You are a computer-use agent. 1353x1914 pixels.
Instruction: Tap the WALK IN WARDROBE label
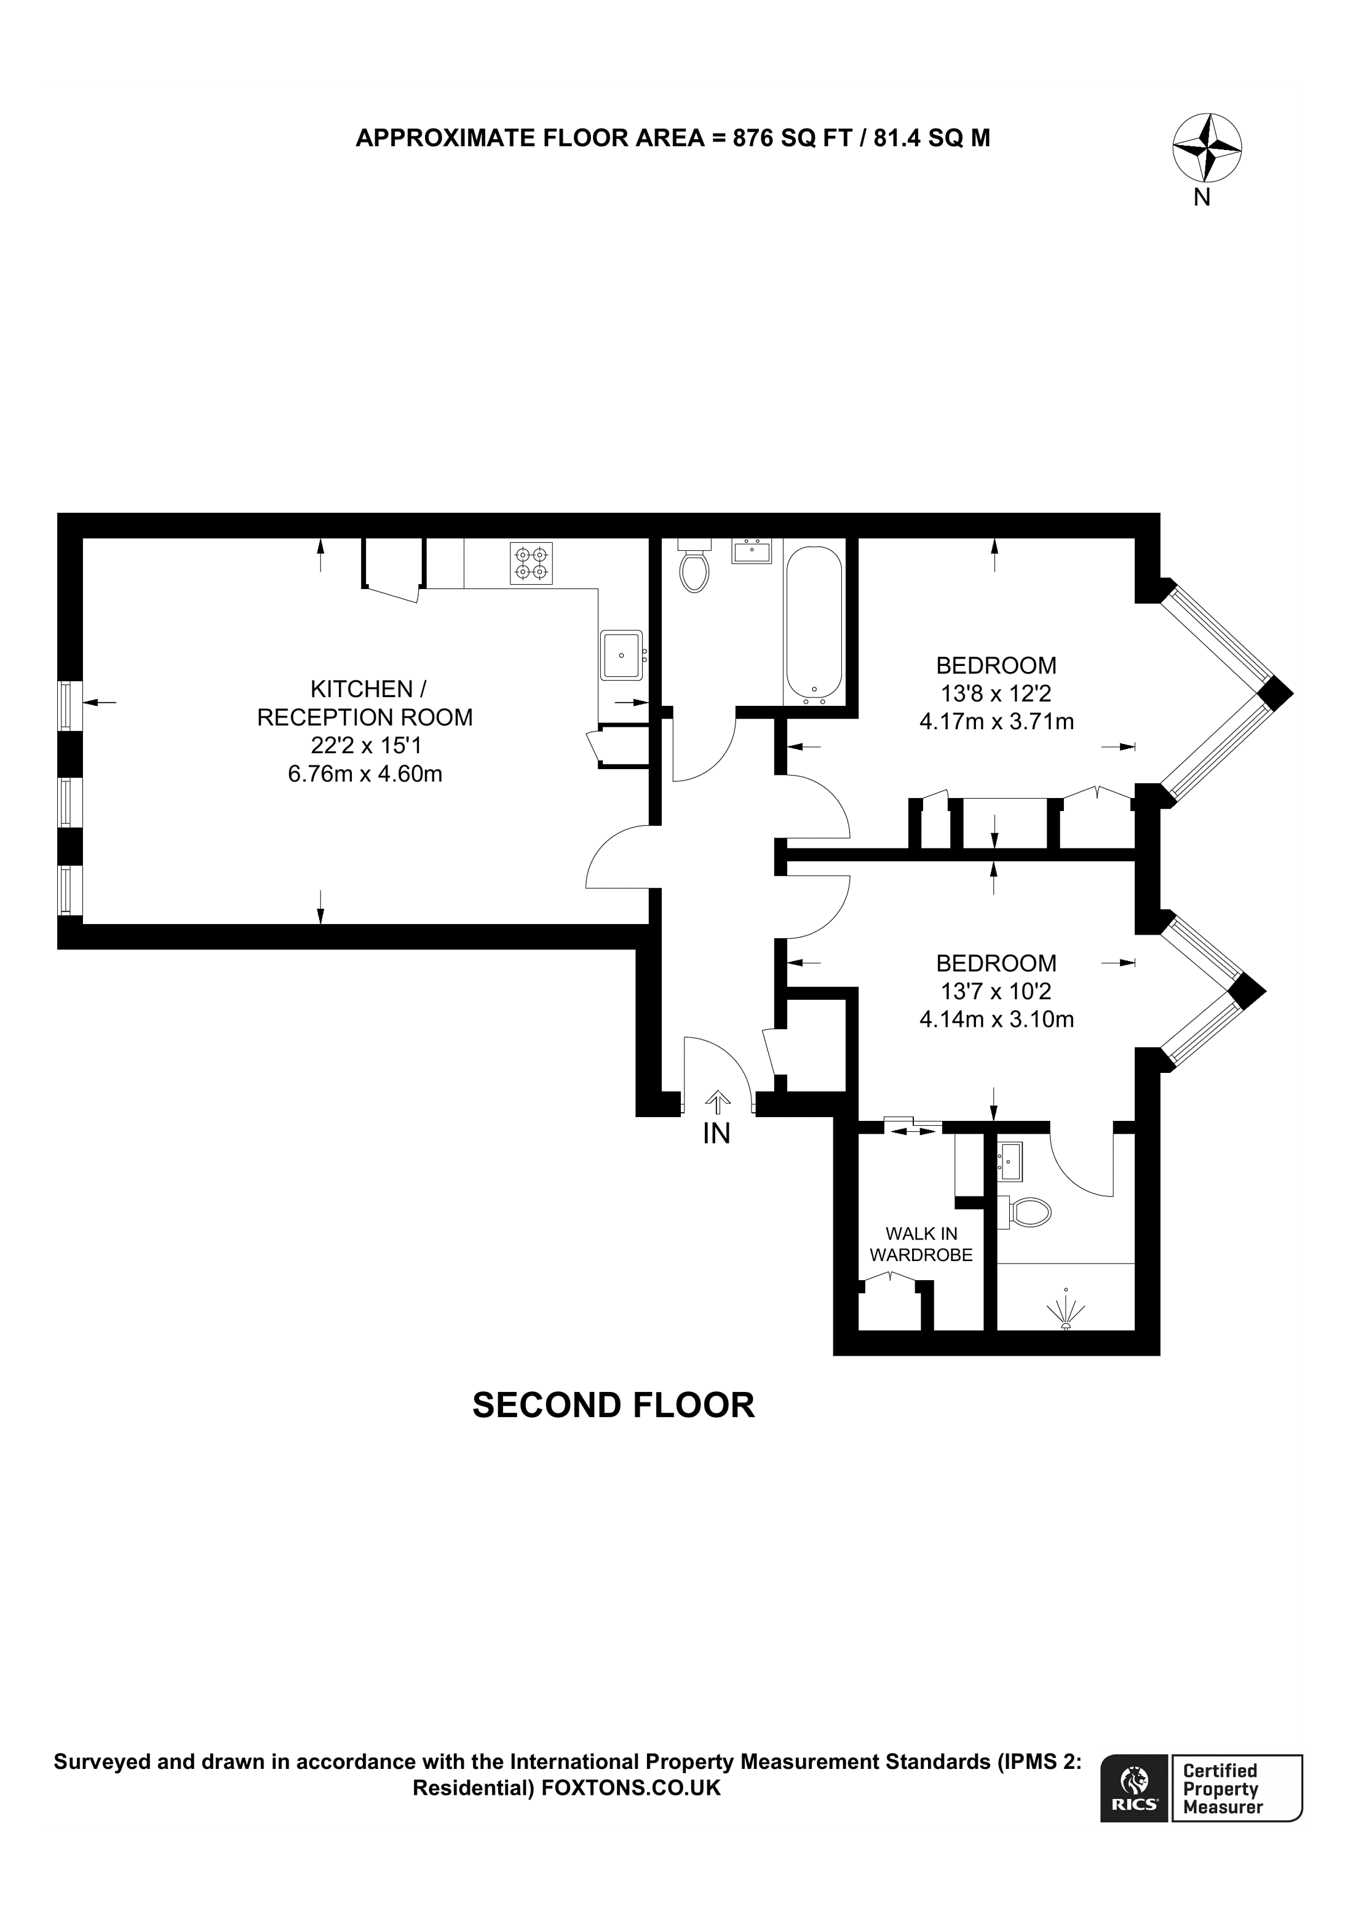[x=921, y=1244]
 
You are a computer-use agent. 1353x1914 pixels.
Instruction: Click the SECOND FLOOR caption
[x=614, y=1405]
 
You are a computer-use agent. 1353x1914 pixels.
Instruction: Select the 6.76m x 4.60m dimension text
[x=365, y=775]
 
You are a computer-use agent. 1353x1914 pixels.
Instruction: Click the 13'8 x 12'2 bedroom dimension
[x=996, y=693]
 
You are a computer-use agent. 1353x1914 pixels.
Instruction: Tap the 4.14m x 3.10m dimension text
[x=996, y=1019]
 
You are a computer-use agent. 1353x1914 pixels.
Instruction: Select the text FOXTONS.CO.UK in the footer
[x=631, y=1788]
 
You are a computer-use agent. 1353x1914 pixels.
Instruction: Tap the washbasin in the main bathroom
[x=752, y=551]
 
